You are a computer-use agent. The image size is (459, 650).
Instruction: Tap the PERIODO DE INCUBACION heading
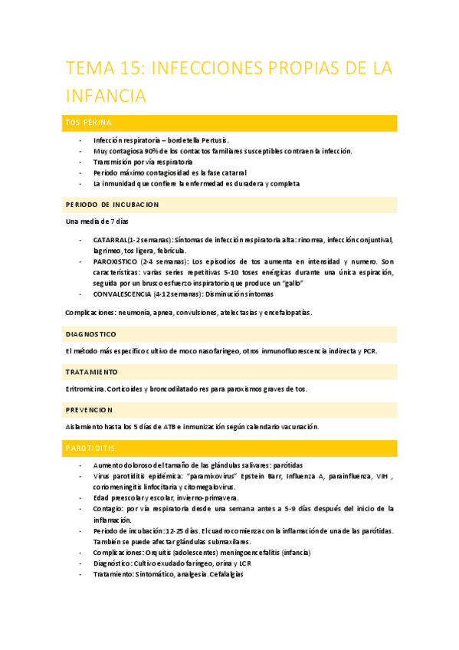point(112,205)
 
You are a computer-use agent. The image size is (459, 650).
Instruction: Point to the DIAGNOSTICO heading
point(90,334)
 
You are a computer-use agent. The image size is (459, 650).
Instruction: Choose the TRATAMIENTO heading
point(91,372)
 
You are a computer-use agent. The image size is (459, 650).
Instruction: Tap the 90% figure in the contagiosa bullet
point(149,152)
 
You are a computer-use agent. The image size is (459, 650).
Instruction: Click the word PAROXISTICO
point(116,261)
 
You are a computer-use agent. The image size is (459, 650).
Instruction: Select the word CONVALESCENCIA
point(121,294)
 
